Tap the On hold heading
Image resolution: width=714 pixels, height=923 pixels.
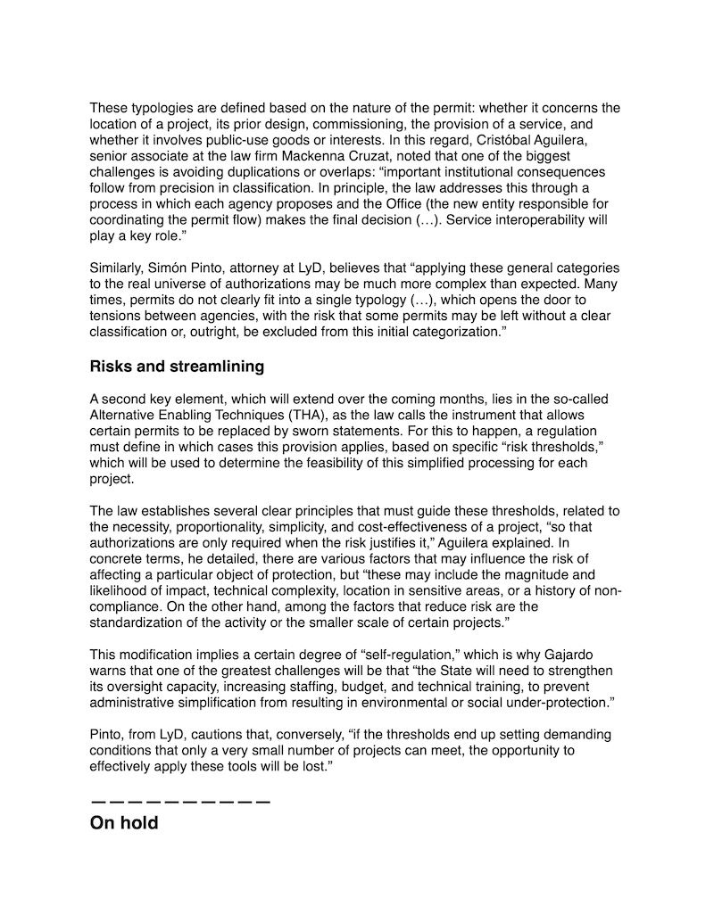coord(124,822)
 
